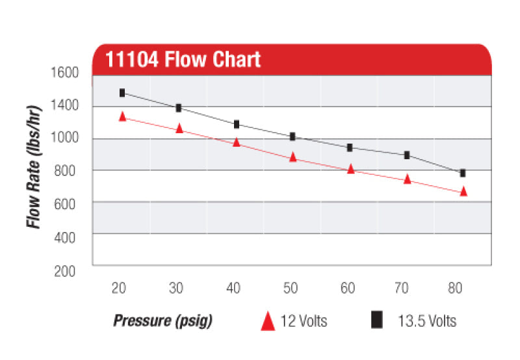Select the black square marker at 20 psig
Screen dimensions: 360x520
122,93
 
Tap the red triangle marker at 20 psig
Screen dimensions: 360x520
122,116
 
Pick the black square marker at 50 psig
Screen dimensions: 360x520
292,136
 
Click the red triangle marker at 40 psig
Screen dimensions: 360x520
237,142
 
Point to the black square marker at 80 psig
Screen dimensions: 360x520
463,173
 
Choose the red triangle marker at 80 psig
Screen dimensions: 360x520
463,191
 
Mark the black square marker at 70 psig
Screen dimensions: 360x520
407,155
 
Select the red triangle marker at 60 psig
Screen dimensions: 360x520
350,169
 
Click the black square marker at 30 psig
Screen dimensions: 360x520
179,108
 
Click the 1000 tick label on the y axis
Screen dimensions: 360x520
64,138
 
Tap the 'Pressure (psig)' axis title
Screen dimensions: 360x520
163,321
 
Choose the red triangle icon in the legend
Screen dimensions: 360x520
268,321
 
